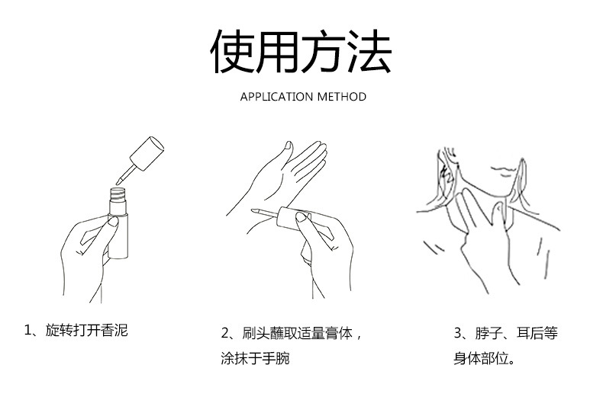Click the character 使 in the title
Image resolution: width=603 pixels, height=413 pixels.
[x=234, y=52]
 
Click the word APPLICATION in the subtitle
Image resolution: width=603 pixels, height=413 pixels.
[x=276, y=97]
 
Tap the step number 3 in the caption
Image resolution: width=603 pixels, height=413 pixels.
[x=458, y=333]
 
